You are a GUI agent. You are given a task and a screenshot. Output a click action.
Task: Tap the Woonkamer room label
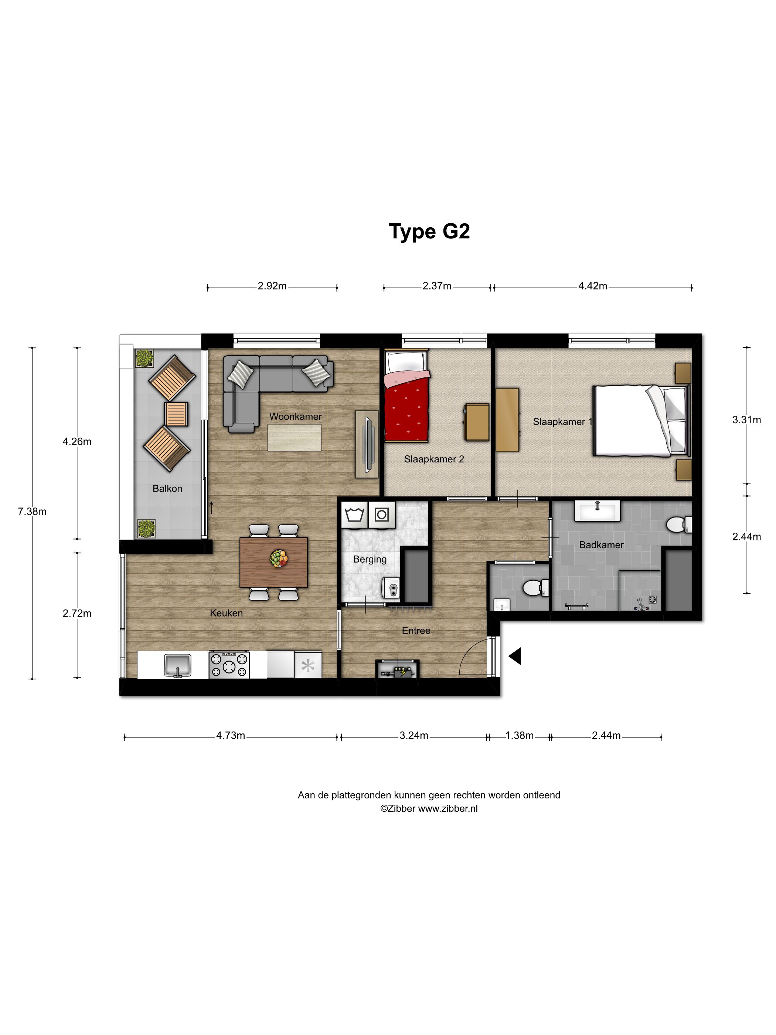click(295, 417)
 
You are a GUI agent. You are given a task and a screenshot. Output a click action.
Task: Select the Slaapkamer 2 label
click(434, 459)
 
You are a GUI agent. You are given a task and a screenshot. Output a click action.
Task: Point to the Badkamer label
click(601, 544)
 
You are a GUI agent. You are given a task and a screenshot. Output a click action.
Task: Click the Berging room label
click(370, 559)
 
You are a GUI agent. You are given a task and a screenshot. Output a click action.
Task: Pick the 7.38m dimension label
click(32, 512)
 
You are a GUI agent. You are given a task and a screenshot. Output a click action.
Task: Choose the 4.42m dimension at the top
click(593, 286)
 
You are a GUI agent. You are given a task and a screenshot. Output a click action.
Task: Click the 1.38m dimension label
click(519, 735)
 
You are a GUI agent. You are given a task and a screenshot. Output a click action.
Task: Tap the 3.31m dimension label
click(746, 420)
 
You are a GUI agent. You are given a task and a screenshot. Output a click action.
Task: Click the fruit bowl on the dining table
click(279, 558)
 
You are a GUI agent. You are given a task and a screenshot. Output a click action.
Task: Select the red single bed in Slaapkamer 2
click(406, 396)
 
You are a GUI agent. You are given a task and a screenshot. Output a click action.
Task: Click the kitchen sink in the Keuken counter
click(178, 665)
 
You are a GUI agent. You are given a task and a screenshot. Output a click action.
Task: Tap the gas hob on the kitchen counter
click(229, 664)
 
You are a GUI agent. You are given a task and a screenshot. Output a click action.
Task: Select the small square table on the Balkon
click(176, 414)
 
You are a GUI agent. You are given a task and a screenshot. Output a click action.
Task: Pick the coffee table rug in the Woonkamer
click(294, 438)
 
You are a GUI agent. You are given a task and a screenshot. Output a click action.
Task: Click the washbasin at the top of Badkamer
click(597, 510)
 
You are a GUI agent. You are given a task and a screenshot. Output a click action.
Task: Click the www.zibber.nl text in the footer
click(447, 808)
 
